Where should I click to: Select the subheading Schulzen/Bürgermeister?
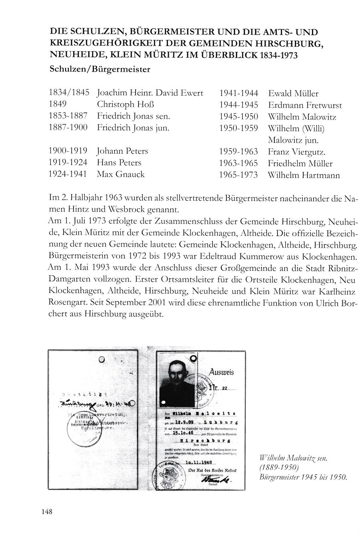tap(100, 69)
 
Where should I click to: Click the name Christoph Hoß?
tap(126, 105)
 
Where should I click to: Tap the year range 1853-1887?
tap(68, 116)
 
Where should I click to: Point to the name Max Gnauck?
tap(120, 174)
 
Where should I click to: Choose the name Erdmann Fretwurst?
tap(305, 105)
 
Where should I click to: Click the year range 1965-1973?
tap(239, 175)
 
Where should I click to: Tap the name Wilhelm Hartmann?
tap(304, 175)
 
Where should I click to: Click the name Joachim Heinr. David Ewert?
tap(150, 93)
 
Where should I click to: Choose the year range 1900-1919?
tap(68, 151)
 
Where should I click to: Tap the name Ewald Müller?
tap(293, 94)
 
